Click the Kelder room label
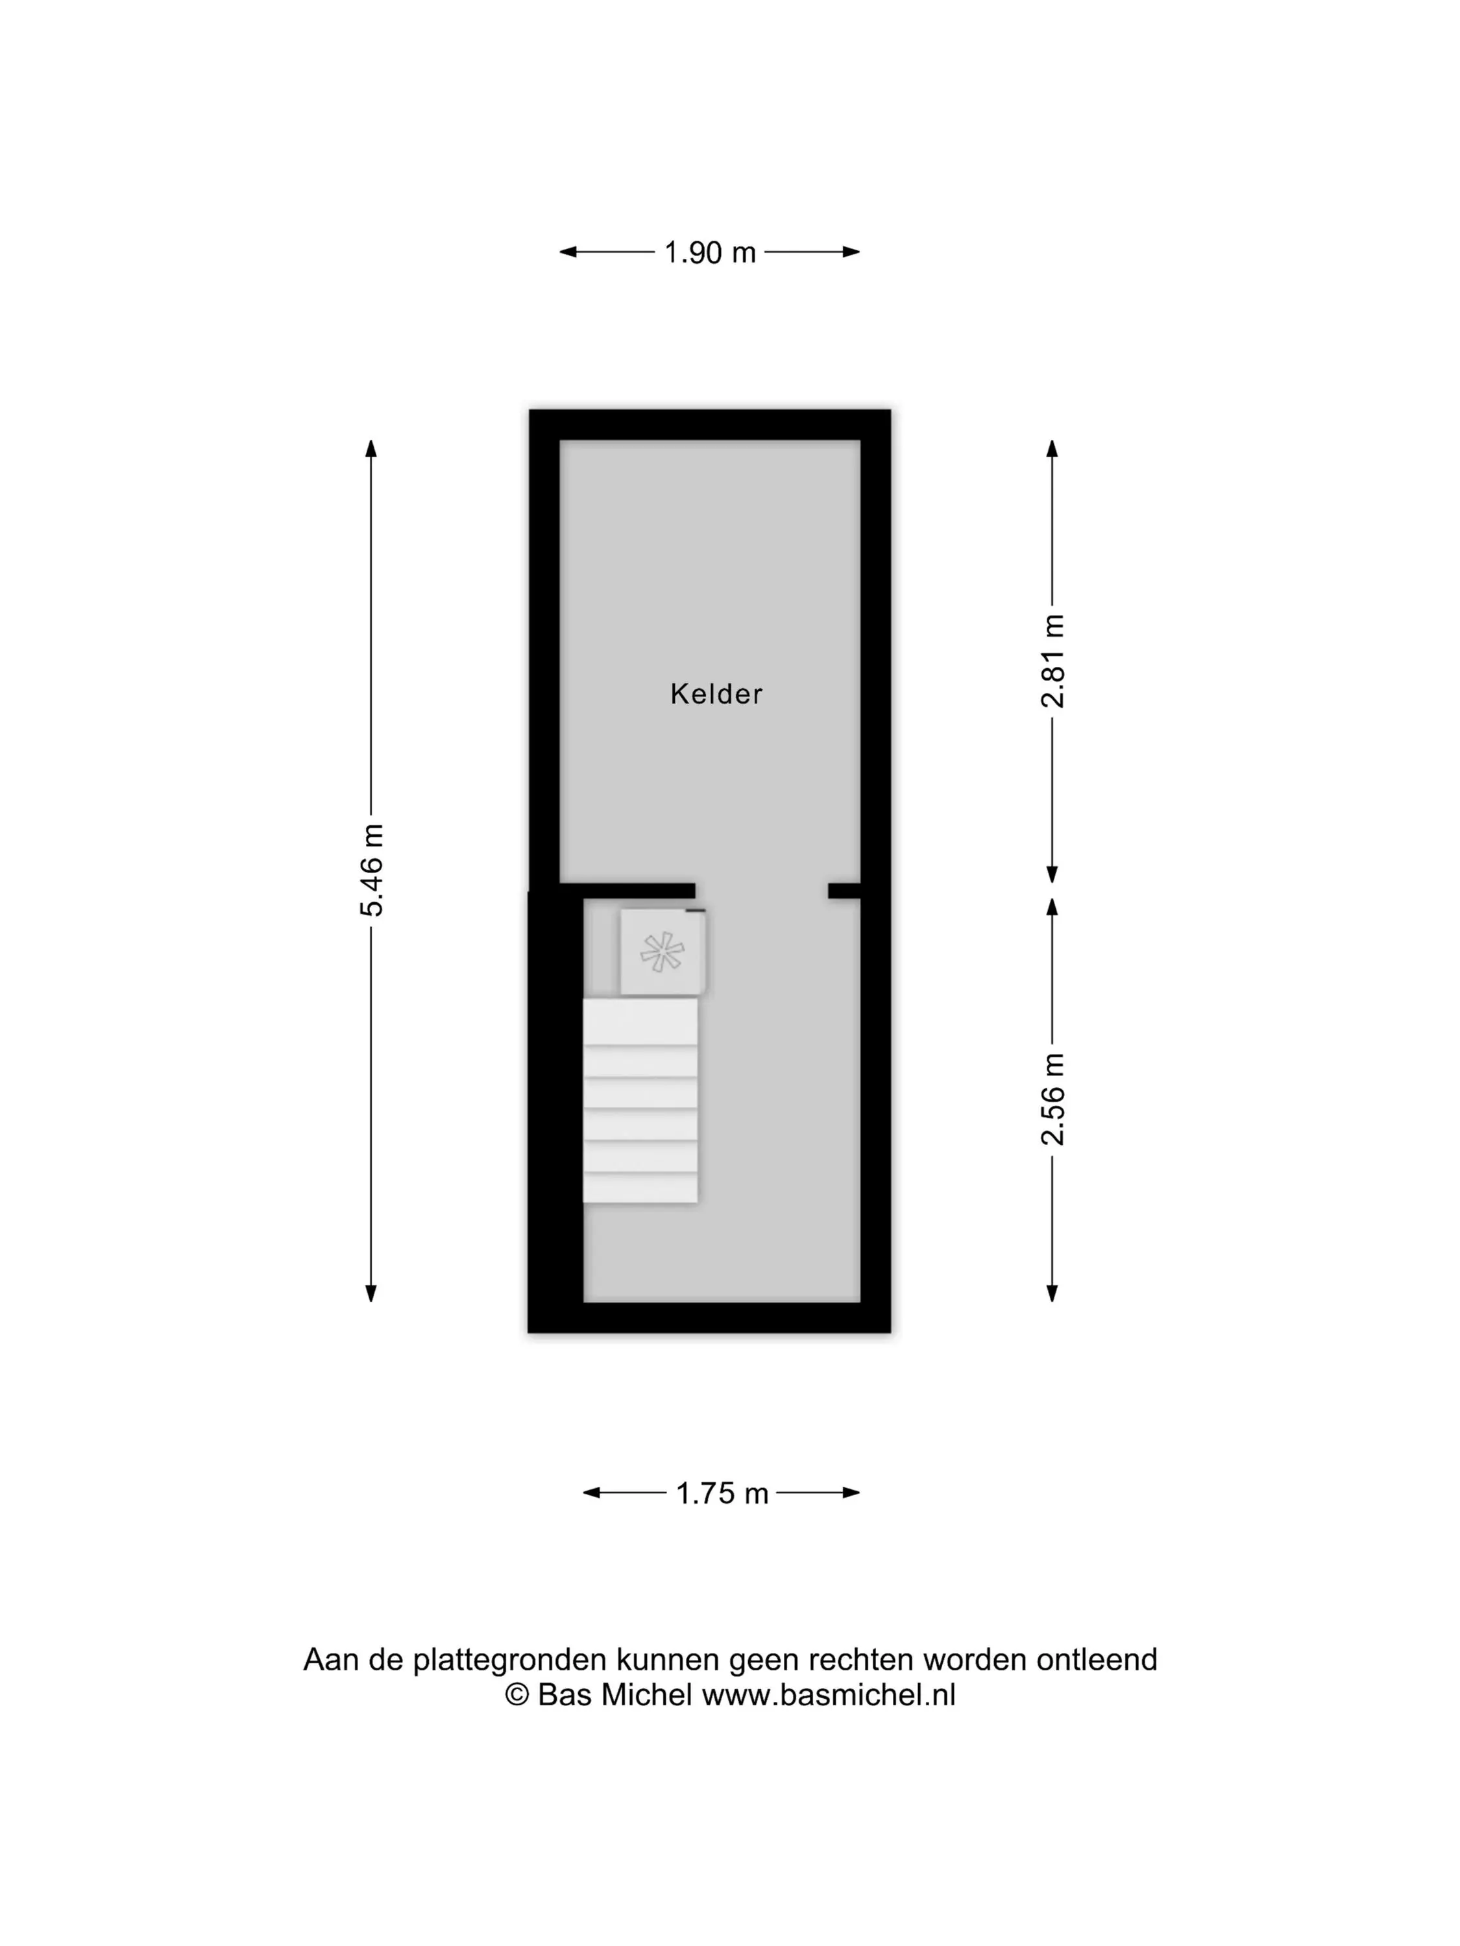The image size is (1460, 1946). click(x=716, y=694)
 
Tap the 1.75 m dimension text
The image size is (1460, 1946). click(x=722, y=1494)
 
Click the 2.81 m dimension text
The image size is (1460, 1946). click(x=1052, y=661)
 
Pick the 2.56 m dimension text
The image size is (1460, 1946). click(x=1052, y=1099)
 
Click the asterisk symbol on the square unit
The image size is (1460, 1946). click(x=662, y=952)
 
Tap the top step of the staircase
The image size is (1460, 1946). click(x=640, y=1022)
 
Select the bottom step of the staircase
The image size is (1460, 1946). click(x=640, y=1188)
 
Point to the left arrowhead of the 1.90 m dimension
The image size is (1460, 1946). click(x=568, y=252)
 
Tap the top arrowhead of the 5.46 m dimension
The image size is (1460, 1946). click(x=371, y=449)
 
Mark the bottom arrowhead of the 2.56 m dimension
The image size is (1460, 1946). click(x=1052, y=1292)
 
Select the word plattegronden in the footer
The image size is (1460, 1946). click(x=511, y=1660)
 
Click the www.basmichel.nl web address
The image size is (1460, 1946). click(x=828, y=1695)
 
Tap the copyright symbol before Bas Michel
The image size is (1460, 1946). click(x=517, y=1695)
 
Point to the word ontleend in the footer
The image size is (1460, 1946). click(x=1097, y=1660)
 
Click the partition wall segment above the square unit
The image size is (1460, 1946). click(x=627, y=891)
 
